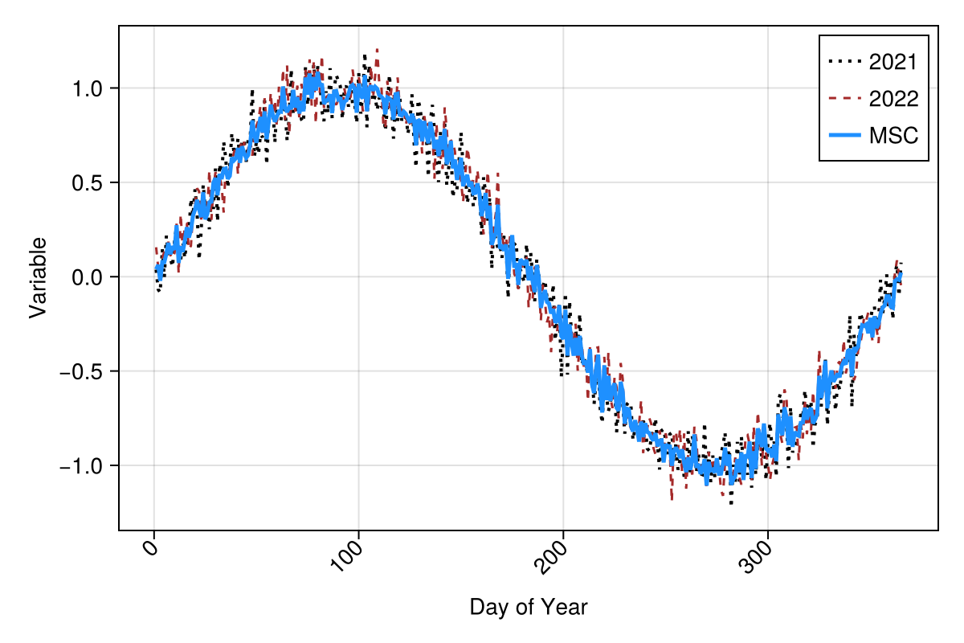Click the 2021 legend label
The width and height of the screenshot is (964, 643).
tap(893, 61)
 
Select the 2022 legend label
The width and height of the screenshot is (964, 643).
tap(893, 99)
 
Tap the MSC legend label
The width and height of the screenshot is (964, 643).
tap(893, 136)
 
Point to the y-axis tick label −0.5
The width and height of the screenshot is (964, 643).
tap(84, 371)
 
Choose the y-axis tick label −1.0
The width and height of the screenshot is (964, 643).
tap(84, 466)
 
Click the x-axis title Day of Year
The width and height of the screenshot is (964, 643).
tap(529, 608)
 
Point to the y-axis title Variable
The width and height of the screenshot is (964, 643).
tap(37, 277)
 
